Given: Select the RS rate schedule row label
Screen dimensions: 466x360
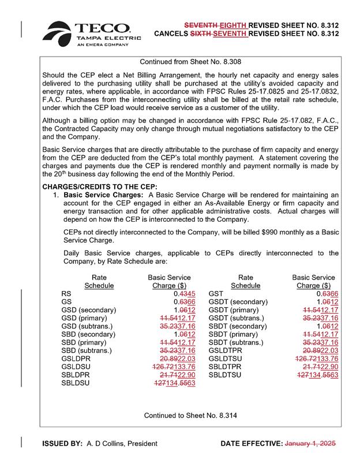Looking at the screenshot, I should tap(66, 293).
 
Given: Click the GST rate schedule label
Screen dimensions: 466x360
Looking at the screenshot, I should tap(216, 293).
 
